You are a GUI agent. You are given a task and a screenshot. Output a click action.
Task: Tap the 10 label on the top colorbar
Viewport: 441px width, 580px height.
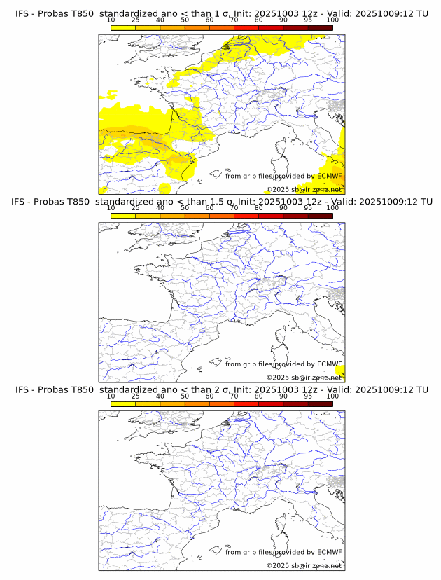[111, 20]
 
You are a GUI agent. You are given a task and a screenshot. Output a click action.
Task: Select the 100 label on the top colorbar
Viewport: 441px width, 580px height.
[332, 20]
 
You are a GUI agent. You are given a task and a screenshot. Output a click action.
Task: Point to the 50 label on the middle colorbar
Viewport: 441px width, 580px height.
[185, 208]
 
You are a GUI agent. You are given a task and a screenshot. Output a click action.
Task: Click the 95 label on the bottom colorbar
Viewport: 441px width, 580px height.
[308, 396]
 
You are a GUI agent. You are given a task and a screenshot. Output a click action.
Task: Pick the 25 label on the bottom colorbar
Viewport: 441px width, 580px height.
[136, 396]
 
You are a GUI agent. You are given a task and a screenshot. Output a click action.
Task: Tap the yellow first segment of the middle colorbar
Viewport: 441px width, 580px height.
[123, 215]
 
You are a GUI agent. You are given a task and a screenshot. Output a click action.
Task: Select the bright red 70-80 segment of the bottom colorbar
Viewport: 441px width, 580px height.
[246, 403]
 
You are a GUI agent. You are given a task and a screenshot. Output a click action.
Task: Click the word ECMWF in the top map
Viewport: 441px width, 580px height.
[330, 177]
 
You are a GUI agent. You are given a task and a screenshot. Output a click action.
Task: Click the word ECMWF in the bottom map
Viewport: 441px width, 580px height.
[330, 552]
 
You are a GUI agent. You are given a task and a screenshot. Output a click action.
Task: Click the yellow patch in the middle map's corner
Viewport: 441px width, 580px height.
[340, 371]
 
